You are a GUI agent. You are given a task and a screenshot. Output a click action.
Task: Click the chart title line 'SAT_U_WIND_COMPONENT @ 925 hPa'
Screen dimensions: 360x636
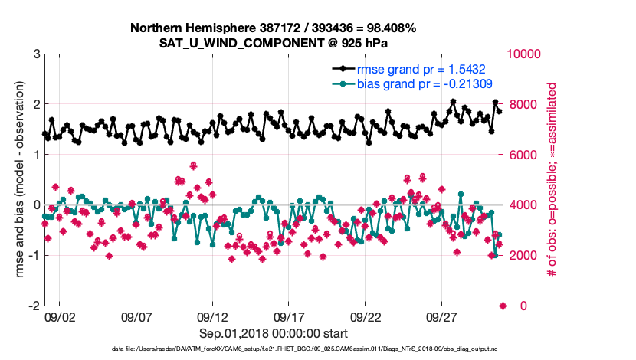(x=274, y=43)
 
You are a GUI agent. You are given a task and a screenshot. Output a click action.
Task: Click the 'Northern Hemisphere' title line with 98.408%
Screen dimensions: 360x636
(x=274, y=28)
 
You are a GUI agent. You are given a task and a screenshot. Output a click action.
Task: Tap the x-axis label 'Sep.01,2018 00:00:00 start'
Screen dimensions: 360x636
(x=274, y=333)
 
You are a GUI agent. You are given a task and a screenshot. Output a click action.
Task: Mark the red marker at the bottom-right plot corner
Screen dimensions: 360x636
(x=503, y=306)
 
